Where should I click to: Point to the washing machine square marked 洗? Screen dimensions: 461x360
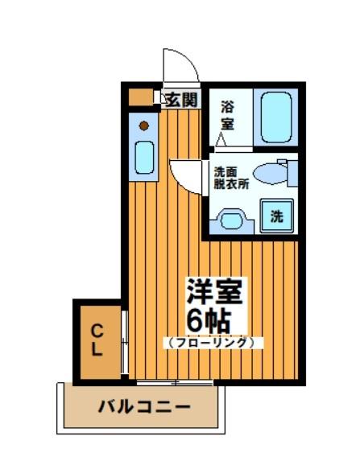click(x=275, y=216)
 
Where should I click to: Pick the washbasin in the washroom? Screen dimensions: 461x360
click(x=231, y=218)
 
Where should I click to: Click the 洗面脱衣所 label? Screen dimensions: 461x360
click(x=230, y=177)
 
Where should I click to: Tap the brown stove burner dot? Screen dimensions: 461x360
click(x=144, y=126)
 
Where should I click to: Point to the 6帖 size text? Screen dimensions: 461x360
click(x=211, y=319)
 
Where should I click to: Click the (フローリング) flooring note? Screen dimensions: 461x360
click(x=213, y=342)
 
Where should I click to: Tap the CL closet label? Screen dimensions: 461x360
click(x=97, y=340)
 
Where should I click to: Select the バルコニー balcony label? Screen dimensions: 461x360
click(x=144, y=407)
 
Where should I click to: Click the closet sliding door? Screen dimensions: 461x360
click(x=123, y=342)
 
